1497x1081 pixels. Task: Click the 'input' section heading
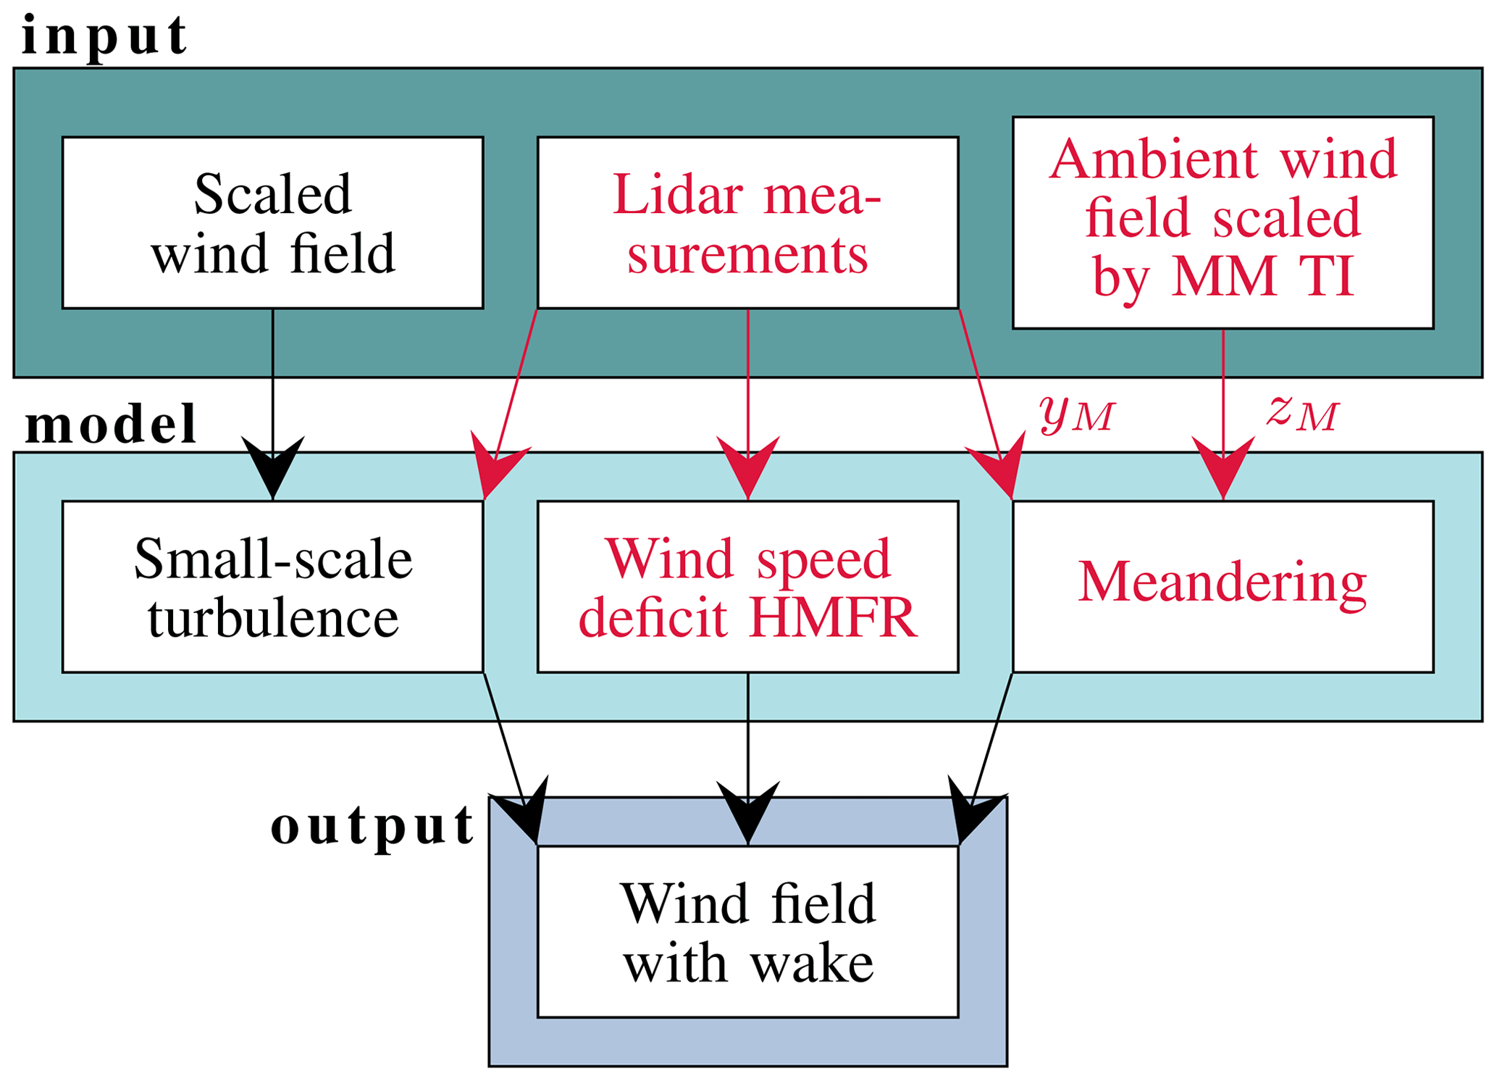coord(104,36)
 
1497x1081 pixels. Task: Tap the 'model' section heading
coord(111,425)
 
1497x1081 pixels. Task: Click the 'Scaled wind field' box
coord(272,222)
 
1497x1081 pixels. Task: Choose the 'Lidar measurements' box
coord(747,222)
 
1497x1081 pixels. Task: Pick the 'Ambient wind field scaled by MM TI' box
coord(1223,222)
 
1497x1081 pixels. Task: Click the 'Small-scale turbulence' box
coord(272,587)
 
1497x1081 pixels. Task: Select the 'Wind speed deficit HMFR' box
coord(747,587)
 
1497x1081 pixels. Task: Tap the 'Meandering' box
coord(1223,587)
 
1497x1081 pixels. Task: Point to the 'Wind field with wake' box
coord(747,932)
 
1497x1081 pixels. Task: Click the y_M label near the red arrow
coord(1077,414)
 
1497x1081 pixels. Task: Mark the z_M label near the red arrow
coord(1302,413)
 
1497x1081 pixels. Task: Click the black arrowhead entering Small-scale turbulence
coord(273,467)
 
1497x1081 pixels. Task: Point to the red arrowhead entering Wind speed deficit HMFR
coord(748,467)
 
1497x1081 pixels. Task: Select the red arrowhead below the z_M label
coord(1223,467)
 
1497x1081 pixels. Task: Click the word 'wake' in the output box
coord(812,964)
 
